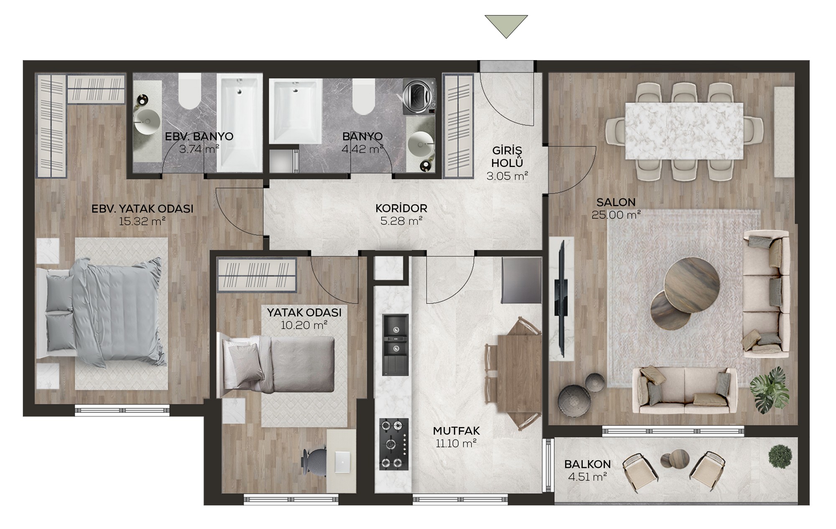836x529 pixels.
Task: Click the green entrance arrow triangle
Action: (506, 24)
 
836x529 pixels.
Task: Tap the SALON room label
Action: (616, 202)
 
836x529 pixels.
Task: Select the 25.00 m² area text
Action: (616, 215)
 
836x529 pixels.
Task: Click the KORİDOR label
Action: (401, 208)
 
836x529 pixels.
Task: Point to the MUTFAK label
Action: (456, 431)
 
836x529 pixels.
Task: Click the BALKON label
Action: (587, 464)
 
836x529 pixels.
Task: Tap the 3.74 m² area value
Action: (199, 149)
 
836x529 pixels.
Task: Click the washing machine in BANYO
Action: (419, 96)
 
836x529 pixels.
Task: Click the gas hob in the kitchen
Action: (394, 444)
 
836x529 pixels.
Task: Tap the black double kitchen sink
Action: (395, 345)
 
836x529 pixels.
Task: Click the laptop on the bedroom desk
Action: (343, 462)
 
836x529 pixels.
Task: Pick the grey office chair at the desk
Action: (314, 462)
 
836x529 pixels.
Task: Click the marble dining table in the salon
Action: (684, 131)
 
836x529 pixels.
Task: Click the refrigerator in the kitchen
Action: (522, 280)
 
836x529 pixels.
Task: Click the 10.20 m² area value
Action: (304, 325)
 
